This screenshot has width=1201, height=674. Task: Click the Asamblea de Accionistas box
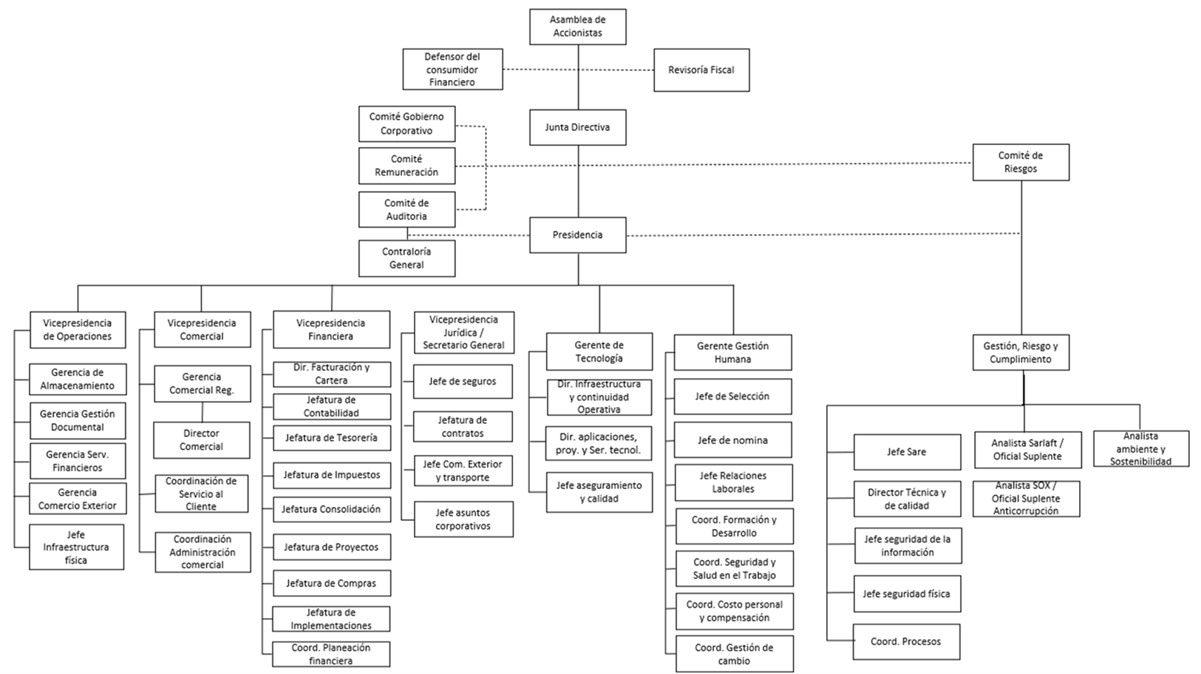click(x=577, y=27)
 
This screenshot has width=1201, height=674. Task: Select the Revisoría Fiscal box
click(x=701, y=70)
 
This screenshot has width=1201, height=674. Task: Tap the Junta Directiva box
click(x=577, y=127)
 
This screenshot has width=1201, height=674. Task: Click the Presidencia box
click(x=577, y=235)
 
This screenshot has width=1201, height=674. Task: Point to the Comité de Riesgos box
click(x=1020, y=162)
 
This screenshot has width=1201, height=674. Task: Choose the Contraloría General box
click(x=406, y=258)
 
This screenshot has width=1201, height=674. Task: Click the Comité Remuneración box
click(x=406, y=166)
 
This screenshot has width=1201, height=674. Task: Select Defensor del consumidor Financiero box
click(x=452, y=70)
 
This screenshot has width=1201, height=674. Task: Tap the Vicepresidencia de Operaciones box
click(x=77, y=330)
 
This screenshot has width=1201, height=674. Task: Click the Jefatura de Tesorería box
click(x=331, y=438)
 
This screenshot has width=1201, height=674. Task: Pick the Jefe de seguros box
click(x=463, y=382)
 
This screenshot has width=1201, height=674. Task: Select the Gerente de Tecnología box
click(x=599, y=351)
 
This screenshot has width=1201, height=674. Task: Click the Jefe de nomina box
click(x=732, y=440)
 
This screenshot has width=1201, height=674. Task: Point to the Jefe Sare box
click(x=906, y=452)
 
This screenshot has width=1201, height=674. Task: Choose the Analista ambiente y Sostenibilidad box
click(x=1140, y=449)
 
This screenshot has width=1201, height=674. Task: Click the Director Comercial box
click(x=201, y=440)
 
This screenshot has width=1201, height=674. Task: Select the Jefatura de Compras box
click(x=331, y=584)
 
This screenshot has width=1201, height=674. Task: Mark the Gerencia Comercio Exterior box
click(x=77, y=499)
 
